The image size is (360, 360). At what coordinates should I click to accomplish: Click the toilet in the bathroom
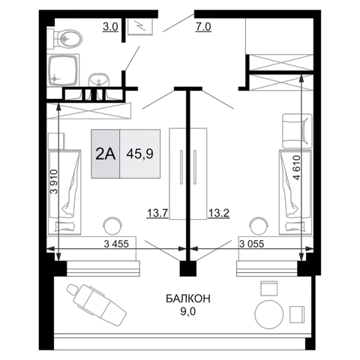coord(65,39)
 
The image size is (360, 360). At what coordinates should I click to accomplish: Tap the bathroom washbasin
coord(99,80)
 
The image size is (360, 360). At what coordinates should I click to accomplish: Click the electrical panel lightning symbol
coord(140,25)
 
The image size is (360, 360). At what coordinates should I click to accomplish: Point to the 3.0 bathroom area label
coord(110,27)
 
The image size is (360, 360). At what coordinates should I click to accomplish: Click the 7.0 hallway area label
coord(203,27)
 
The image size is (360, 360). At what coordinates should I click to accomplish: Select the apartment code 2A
coord(106,154)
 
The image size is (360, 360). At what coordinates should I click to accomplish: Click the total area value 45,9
coord(140,154)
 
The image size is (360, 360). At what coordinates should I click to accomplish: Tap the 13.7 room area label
coord(157,213)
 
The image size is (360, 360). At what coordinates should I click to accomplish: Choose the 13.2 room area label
coord(219,213)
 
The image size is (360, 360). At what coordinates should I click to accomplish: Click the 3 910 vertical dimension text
coord(54,181)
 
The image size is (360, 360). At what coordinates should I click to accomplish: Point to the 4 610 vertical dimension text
coord(296,167)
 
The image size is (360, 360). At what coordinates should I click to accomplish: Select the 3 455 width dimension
coord(116,244)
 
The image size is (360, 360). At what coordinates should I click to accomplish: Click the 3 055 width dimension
coord(251,244)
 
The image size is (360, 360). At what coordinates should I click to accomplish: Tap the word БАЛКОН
coord(188,298)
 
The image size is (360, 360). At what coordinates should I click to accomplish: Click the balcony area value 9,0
coord(188,312)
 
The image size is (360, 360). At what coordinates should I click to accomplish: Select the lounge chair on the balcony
coord(96,304)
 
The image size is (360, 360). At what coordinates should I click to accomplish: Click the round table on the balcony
coord(269,313)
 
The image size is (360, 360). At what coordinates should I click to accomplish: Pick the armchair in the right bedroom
coord(297,131)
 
